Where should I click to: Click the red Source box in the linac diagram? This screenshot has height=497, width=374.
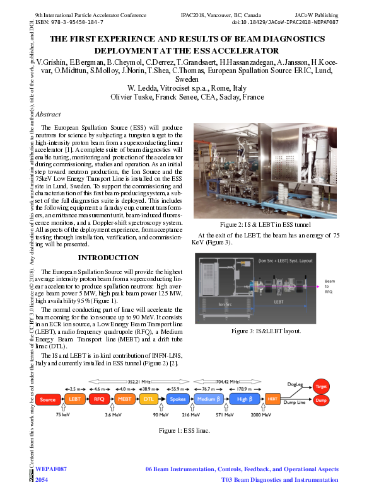[48, 399]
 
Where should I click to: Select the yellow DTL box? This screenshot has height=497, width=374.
[149, 399]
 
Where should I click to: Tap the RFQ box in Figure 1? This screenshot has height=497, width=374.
[98, 399]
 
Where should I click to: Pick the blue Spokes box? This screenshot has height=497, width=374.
[177, 399]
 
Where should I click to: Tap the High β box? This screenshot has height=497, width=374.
[245, 399]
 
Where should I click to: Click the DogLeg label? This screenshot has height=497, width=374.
[295, 383]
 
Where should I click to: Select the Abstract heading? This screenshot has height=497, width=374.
[49, 115]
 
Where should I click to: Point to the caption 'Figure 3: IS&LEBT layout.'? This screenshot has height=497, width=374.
[266, 331]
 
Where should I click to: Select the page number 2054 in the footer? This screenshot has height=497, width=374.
[42, 480]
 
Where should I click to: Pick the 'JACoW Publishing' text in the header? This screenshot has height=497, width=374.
[317, 14]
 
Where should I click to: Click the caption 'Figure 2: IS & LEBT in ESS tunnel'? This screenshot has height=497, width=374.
[266, 224]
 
